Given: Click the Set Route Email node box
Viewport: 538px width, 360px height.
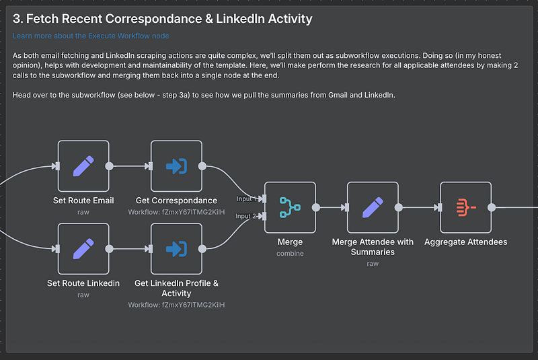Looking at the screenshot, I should pyautogui.click(x=83, y=166).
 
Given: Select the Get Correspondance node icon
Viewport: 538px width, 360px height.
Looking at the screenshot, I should pyautogui.click(x=176, y=166).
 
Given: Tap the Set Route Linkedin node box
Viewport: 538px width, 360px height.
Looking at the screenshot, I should pyautogui.click(x=83, y=249).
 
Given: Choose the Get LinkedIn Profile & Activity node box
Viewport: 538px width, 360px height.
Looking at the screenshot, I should pyautogui.click(x=176, y=249).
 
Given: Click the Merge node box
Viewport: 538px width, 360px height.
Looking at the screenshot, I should pyautogui.click(x=290, y=207).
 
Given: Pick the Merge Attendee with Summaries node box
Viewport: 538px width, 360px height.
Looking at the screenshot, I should pyautogui.click(x=373, y=207).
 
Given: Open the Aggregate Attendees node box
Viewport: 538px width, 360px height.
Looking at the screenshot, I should pyautogui.click(x=465, y=207).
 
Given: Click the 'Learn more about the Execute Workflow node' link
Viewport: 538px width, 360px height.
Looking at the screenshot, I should pyautogui.click(x=91, y=36).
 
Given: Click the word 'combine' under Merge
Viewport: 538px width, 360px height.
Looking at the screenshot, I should pyautogui.click(x=290, y=254).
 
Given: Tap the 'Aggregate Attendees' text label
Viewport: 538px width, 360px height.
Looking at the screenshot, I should pyautogui.click(x=465, y=242).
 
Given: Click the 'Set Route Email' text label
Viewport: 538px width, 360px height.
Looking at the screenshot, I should pyautogui.click(x=83, y=200).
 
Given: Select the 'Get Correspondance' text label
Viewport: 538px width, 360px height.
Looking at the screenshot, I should pyautogui.click(x=176, y=200).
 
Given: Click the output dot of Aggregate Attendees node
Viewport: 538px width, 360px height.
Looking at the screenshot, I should pyautogui.click(x=492, y=207).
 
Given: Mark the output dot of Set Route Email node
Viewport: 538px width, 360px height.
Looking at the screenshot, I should pyautogui.click(x=110, y=166).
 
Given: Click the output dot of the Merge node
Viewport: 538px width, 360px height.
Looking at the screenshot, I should pyautogui.click(x=316, y=207).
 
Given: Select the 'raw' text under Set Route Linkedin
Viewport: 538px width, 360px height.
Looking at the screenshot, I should pyautogui.click(x=83, y=295).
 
